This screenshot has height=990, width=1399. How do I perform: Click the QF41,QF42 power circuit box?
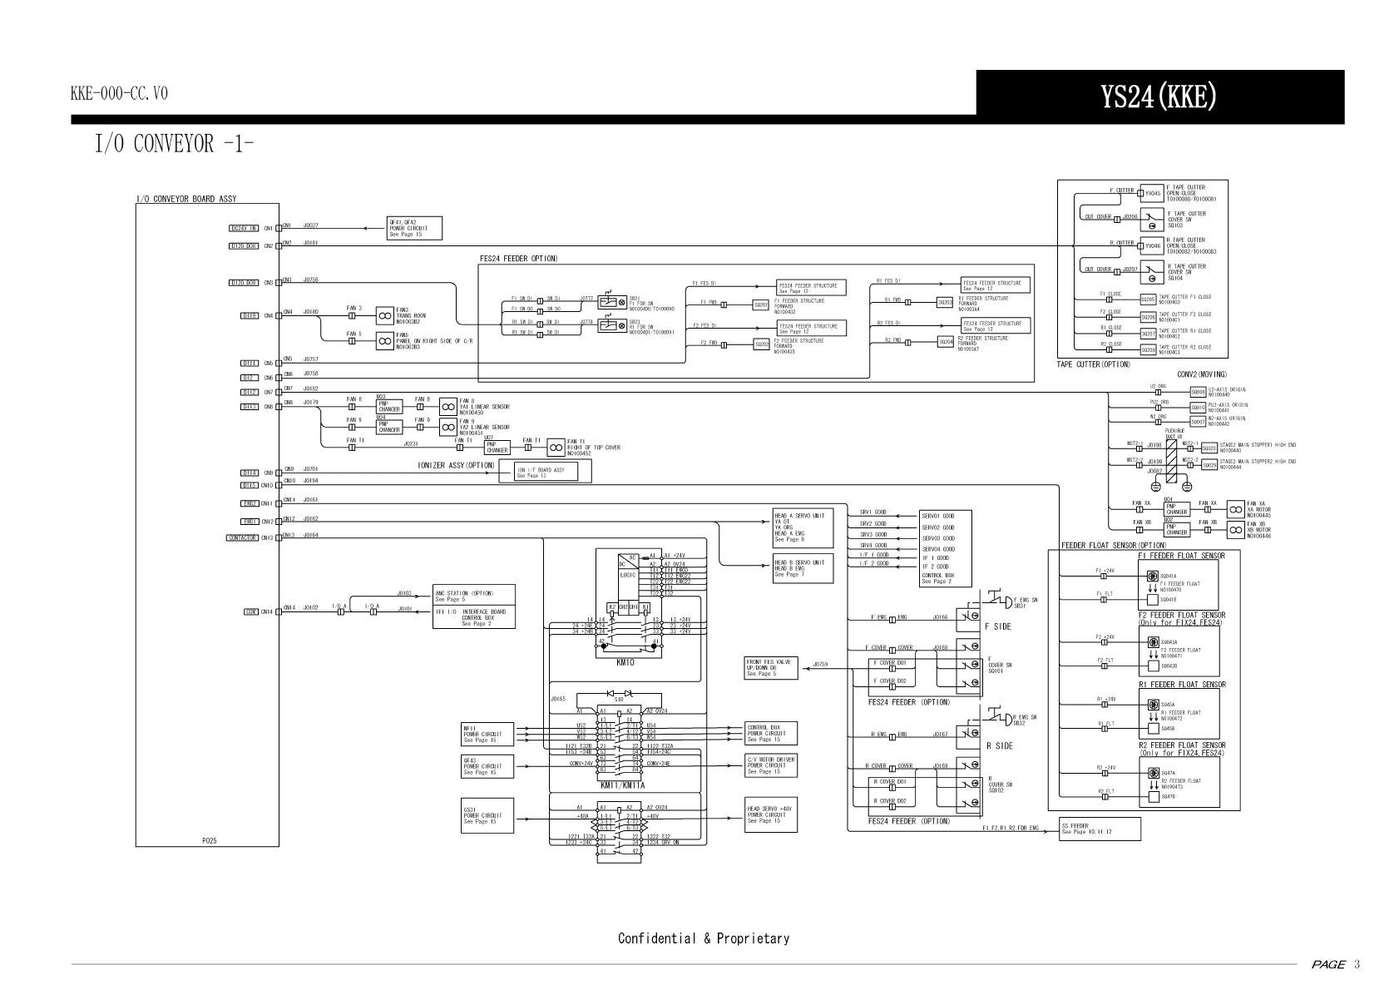pyautogui.click(x=413, y=228)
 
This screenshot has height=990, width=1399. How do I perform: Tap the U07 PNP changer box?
pyautogui.click(x=497, y=447)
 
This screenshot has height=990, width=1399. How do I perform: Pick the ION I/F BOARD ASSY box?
pyautogui.click(x=544, y=473)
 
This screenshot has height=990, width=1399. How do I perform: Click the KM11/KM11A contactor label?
pyautogui.click(x=622, y=785)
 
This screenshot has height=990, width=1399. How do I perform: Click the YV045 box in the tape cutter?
pyautogui.click(x=1152, y=193)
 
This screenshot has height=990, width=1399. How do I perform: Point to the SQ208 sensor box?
pyautogui.click(x=1149, y=349)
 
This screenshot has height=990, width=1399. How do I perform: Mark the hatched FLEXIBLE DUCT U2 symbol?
pyautogui.click(x=1169, y=458)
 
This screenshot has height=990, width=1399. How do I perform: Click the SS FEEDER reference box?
pyautogui.click(x=1099, y=829)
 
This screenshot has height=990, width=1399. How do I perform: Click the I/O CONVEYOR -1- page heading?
pyautogui.click(x=174, y=144)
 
